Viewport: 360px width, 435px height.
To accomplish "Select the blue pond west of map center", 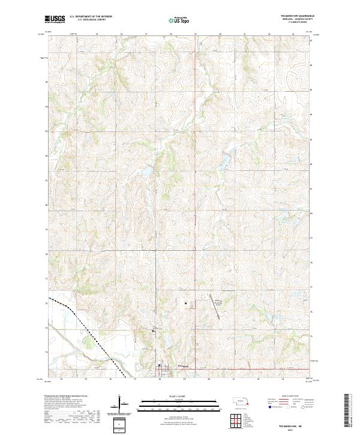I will point(146,174).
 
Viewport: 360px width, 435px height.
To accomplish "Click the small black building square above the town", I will point(187,304).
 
